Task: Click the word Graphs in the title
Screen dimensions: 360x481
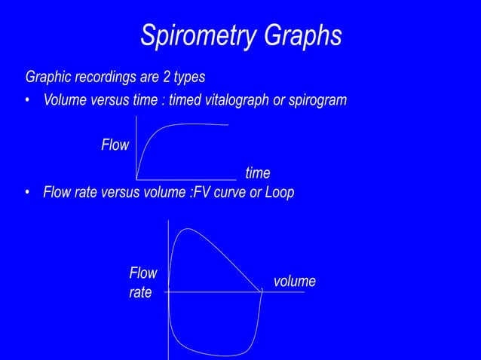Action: pyautogui.click(x=301, y=35)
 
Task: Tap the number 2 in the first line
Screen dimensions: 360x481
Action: pyautogui.click(x=169, y=77)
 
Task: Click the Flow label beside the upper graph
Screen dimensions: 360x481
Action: pyautogui.click(x=115, y=145)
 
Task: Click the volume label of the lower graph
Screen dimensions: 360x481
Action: pyautogui.click(x=294, y=281)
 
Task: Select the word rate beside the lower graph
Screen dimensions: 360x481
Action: pyautogui.click(x=140, y=292)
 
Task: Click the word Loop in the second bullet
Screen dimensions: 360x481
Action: pyautogui.click(x=279, y=193)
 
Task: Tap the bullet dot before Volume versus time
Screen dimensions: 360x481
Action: pyautogui.click(x=28, y=101)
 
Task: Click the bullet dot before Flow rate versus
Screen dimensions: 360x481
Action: pyautogui.click(x=28, y=193)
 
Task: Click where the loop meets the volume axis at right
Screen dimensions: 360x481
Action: pyautogui.click(x=262, y=291)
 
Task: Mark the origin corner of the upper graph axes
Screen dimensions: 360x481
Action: pyautogui.click(x=136, y=178)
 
